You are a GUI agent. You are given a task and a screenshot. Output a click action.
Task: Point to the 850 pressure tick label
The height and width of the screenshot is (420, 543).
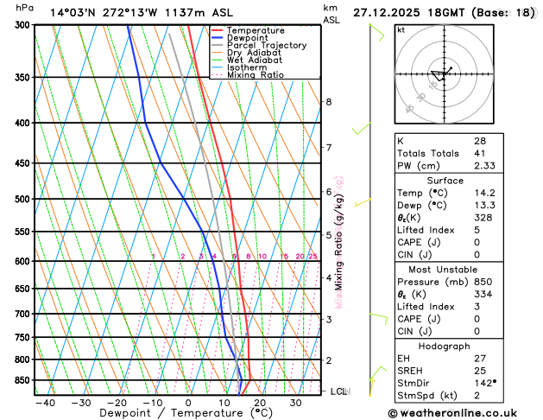click(21, 380)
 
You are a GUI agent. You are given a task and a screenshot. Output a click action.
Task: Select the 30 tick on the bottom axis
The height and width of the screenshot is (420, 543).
click(295, 403)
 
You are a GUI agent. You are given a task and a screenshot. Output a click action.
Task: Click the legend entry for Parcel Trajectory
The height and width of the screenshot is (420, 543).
click(266, 45)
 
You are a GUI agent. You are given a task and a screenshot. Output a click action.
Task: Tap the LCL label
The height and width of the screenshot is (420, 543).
click(339, 391)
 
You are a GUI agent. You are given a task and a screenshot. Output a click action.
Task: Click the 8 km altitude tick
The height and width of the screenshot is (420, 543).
click(328, 102)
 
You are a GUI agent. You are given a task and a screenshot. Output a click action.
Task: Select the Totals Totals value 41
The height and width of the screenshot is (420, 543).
click(480, 153)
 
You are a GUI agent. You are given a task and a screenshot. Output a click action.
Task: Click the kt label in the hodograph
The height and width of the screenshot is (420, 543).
click(401, 29)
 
